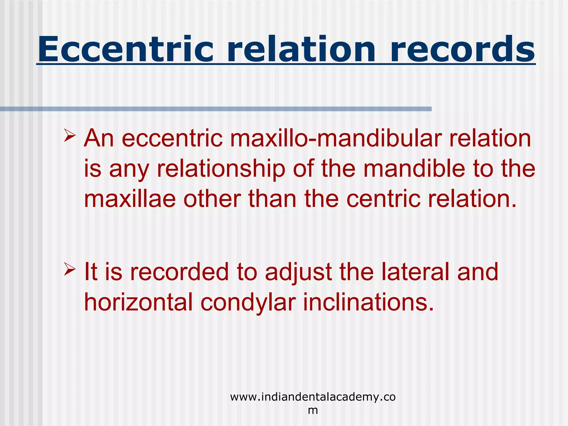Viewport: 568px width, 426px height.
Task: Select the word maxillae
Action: point(130,199)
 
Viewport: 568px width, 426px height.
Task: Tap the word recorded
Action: point(179,272)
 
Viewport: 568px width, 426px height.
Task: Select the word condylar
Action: point(248,303)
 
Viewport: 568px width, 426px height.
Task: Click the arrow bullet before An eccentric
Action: point(70,136)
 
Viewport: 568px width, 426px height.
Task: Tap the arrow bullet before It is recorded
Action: point(70,269)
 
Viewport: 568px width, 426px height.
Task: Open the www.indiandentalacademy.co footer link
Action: point(313,397)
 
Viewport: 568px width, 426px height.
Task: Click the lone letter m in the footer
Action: point(313,410)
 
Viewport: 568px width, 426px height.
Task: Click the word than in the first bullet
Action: point(272,199)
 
